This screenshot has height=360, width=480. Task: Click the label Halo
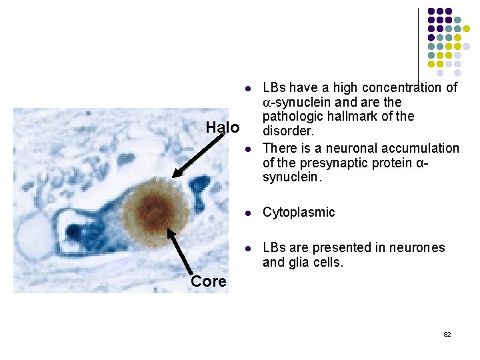click(222, 127)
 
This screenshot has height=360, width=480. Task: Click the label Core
click(208, 281)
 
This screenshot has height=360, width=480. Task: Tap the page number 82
click(447, 334)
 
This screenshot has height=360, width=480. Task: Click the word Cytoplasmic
click(299, 213)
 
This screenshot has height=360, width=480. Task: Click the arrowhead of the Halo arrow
click(175, 175)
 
